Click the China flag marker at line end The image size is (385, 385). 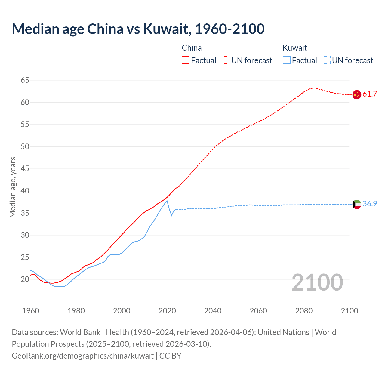tap(357, 94)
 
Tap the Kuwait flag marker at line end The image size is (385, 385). tap(357, 204)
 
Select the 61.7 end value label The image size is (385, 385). tap(370, 94)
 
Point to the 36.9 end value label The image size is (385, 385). tap(370, 204)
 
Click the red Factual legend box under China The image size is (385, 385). tap(186, 60)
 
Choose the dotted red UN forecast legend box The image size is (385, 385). tap(226, 60)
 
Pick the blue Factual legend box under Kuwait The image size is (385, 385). tap(287, 60)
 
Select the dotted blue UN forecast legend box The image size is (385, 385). tap(327, 60)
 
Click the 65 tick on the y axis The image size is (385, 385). tap(25, 80)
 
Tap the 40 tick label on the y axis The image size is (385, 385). tap(25, 191)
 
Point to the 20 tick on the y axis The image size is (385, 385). tap(25, 279)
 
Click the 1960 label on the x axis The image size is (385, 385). tap(31, 311)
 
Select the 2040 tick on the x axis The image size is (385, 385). tap(213, 311)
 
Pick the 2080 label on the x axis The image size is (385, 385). tap(304, 311)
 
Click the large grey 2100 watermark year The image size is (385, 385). tap(317, 282)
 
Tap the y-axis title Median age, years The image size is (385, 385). tap(13, 187)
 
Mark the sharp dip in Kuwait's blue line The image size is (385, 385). tap(172, 215)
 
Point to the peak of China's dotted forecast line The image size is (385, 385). tap(314, 88)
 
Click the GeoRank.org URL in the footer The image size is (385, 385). tap(83, 356)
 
